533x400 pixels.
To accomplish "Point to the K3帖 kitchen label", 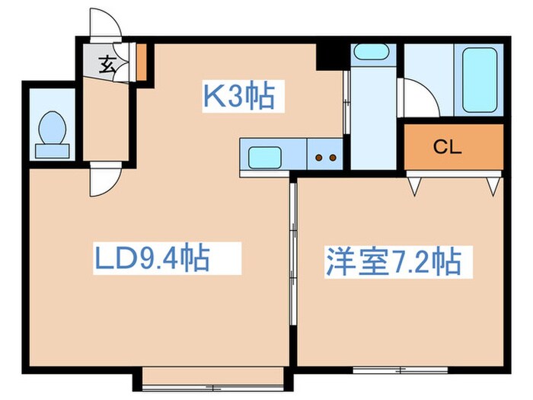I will (238, 97).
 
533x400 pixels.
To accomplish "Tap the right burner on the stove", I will (333, 158).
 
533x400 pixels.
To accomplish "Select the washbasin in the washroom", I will (371, 53).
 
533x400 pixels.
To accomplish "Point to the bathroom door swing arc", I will (420, 99).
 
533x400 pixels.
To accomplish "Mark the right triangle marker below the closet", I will (493, 185).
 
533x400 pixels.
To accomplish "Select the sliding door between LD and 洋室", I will (292, 259).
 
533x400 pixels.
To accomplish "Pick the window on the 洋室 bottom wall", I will (401, 370).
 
